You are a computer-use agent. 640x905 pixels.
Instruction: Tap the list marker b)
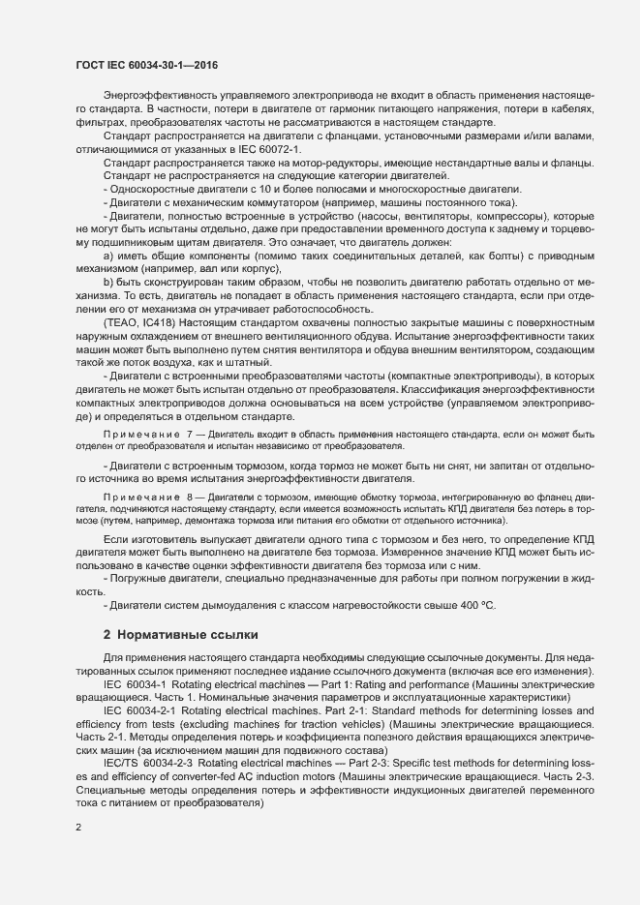click(107, 282)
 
